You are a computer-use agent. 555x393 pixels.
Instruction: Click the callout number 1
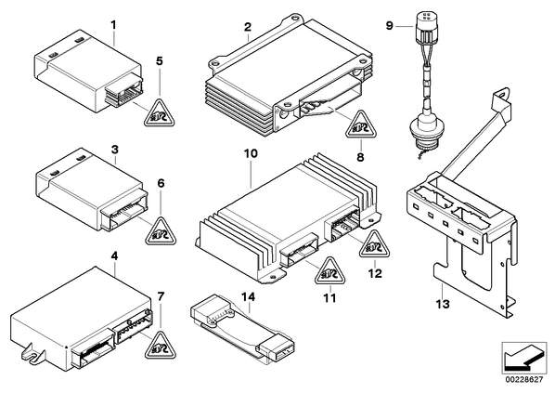[113, 25]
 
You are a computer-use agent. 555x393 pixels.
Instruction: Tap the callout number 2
[248, 27]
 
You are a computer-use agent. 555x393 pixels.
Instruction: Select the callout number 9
[390, 26]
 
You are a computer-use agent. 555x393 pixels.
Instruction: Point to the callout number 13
[443, 304]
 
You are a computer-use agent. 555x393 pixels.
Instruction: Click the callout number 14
[250, 297]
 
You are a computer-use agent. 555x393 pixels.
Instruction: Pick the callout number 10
[251, 154]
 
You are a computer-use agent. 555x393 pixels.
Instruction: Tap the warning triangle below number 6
[161, 232]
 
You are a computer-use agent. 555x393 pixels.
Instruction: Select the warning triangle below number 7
[160, 347]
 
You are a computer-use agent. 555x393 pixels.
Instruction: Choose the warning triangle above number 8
[360, 125]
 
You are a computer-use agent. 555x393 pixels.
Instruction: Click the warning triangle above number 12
[374, 245]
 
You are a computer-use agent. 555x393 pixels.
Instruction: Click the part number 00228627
[523, 380]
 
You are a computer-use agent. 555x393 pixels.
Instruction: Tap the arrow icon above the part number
[523, 358]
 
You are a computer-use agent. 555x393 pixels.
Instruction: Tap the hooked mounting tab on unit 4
[32, 354]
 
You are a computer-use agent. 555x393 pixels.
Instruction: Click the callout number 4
[114, 255]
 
